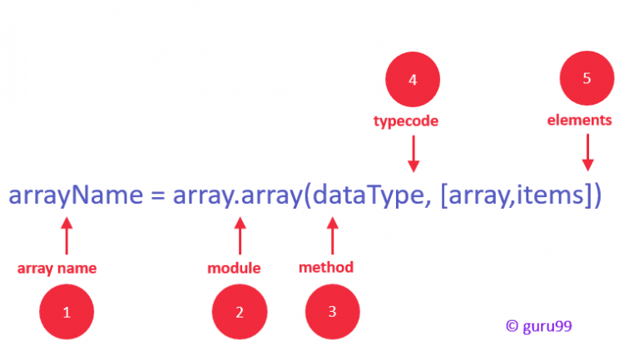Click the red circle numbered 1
[x=67, y=312]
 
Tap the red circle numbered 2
[x=240, y=312]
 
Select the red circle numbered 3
[x=333, y=312]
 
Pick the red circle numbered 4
[x=413, y=80]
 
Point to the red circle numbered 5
[x=587, y=78]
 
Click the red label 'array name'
[x=57, y=269]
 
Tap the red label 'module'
[x=234, y=268]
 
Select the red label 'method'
[x=326, y=267]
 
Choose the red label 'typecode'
[x=406, y=121]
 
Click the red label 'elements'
[x=579, y=120]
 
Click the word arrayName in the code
[x=76, y=196]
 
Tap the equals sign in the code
[x=158, y=195]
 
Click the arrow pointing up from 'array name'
[x=67, y=236]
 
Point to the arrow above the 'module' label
[x=240, y=236]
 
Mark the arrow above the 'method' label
[x=333, y=236]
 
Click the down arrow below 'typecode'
[x=414, y=154]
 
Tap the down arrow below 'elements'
[x=587, y=153]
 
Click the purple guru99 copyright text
[x=539, y=326]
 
